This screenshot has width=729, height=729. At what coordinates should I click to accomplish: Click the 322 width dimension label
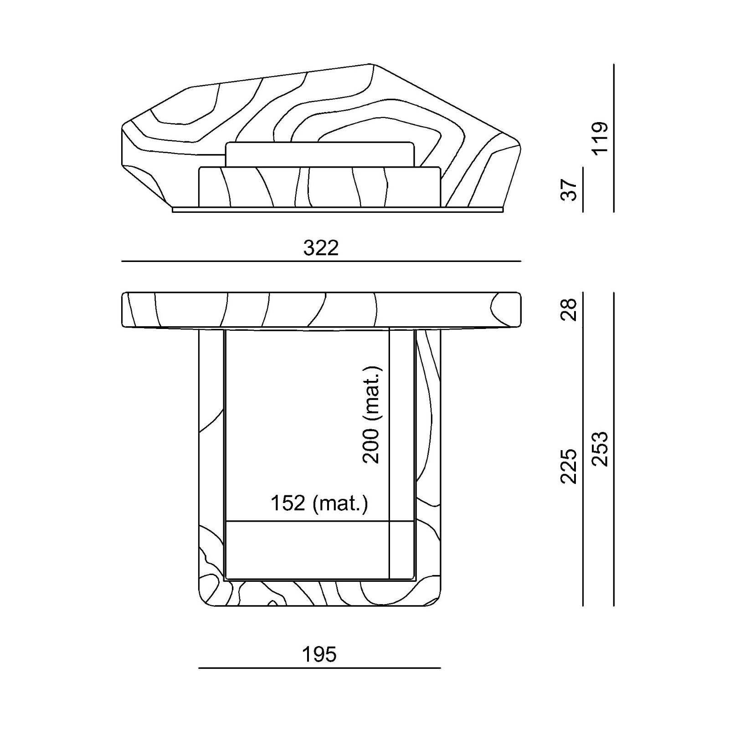[x=321, y=248]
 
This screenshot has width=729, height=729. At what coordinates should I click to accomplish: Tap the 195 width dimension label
[x=319, y=654]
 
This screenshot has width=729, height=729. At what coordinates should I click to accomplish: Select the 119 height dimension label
[x=600, y=139]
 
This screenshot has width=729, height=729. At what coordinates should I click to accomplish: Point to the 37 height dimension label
[x=569, y=190]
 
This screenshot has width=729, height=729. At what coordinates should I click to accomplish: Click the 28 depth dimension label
[x=569, y=310]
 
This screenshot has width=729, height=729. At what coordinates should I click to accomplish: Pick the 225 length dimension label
[x=569, y=466]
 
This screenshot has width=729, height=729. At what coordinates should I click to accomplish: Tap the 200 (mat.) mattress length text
[x=371, y=414]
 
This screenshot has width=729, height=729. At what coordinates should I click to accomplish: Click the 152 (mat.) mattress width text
[x=319, y=503]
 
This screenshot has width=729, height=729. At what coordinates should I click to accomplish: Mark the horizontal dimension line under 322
[x=321, y=262]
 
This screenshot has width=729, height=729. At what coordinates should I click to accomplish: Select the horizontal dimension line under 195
[x=320, y=668]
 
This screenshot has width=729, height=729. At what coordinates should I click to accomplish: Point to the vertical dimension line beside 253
[x=614, y=449]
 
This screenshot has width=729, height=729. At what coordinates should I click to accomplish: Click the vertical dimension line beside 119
[x=614, y=138]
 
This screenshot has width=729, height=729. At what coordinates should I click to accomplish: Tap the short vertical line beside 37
[x=583, y=190]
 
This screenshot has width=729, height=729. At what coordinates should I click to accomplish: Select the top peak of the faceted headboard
[x=370, y=64]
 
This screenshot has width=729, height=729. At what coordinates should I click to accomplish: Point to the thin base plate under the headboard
[x=338, y=210]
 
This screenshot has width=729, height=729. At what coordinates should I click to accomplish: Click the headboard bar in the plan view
[x=321, y=310]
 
